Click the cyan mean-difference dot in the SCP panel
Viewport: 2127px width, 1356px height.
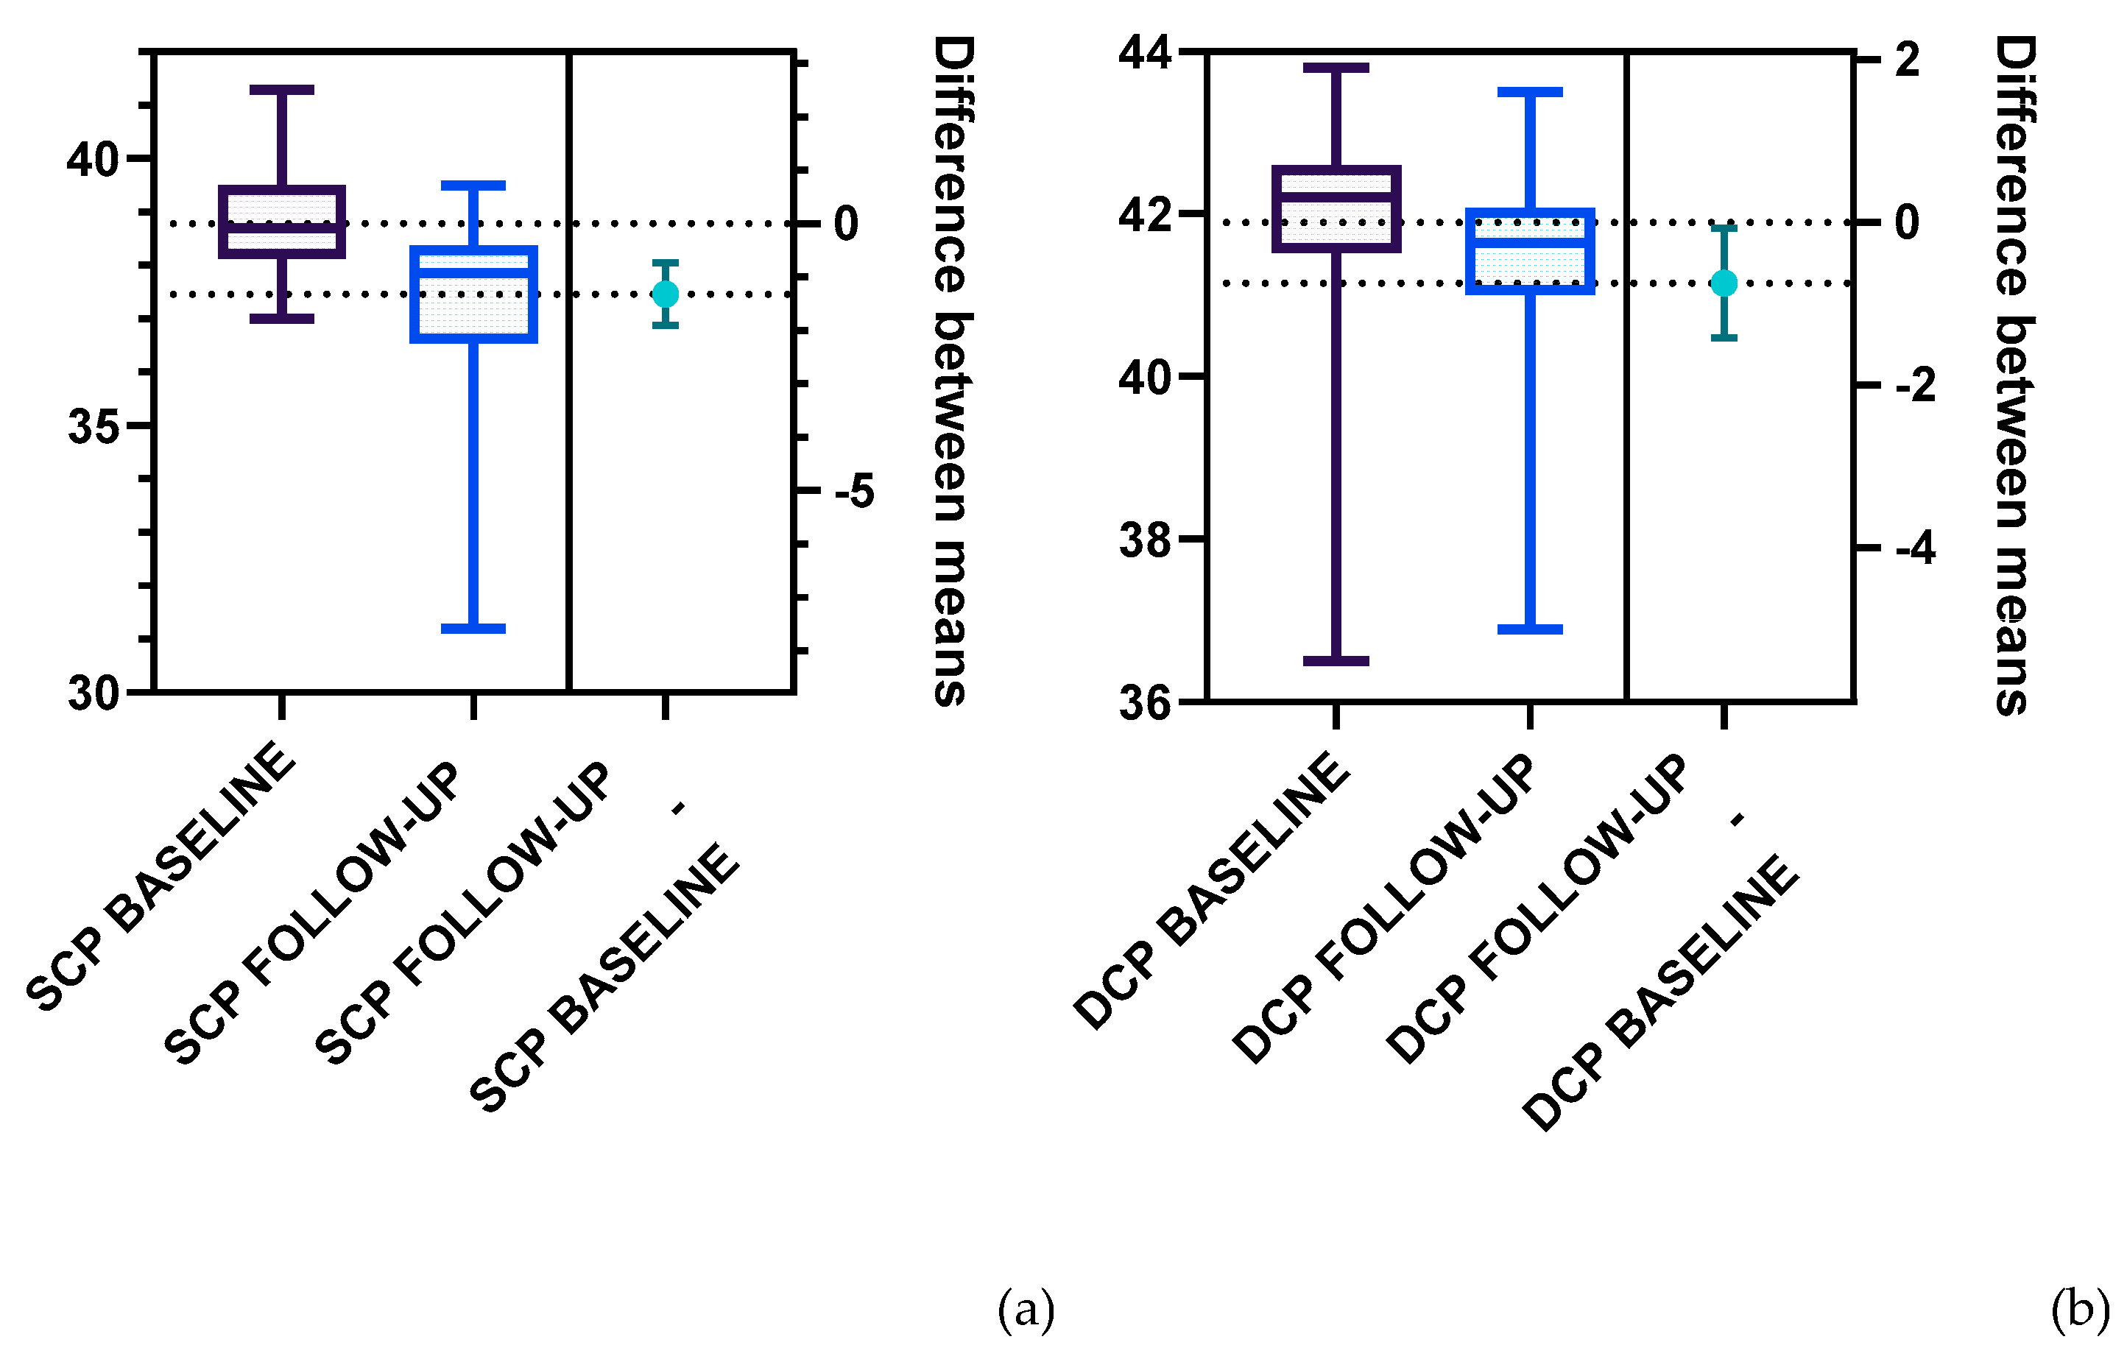click(x=665, y=293)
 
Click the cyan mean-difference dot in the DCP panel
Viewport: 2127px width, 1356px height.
click(x=1724, y=283)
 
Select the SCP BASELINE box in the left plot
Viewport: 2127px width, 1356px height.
click(x=282, y=222)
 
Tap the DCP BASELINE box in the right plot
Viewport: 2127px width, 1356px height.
click(x=1336, y=208)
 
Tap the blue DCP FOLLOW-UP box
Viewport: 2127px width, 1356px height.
click(x=1530, y=251)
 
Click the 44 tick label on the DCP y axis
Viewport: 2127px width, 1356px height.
click(x=1145, y=52)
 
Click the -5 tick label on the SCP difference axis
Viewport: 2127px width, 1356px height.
click(x=854, y=491)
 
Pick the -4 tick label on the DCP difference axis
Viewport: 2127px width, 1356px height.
click(x=1915, y=548)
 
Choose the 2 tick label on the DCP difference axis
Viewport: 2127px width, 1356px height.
click(x=1908, y=60)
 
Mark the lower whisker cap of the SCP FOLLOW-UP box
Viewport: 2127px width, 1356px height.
click(x=473, y=628)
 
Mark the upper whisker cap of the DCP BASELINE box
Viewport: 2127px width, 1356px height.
click(x=1336, y=68)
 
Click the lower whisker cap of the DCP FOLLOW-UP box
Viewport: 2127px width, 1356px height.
click(x=1530, y=629)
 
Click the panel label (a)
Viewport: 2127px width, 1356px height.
click(x=1026, y=1308)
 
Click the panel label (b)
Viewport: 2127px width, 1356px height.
click(x=2079, y=1308)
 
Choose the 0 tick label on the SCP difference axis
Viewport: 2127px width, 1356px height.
click(x=845, y=224)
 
